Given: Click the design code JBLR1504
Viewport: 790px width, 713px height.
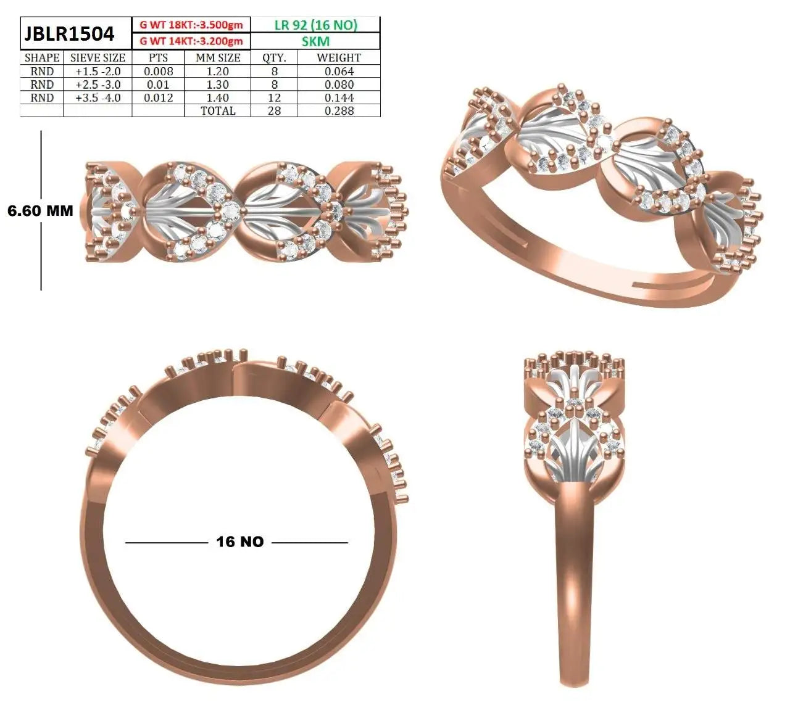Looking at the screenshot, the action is coord(69,33).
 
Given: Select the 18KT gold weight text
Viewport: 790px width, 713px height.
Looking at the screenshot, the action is coord(191,25).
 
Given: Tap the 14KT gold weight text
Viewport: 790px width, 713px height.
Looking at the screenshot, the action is coord(191,41).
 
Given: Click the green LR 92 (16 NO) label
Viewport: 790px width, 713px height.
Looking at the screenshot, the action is coord(316,25).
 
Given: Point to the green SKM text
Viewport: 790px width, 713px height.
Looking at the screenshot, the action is coord(316,41).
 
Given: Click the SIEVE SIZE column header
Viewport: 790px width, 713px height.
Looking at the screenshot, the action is coord(98,58).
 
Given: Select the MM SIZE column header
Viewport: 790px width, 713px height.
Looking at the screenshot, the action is coord(218,58).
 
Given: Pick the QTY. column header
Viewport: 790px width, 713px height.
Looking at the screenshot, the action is coord(275,58).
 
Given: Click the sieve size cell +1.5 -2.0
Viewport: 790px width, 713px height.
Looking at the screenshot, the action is coord(98,72).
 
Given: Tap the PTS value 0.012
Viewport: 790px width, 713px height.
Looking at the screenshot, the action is coord(159,97).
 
